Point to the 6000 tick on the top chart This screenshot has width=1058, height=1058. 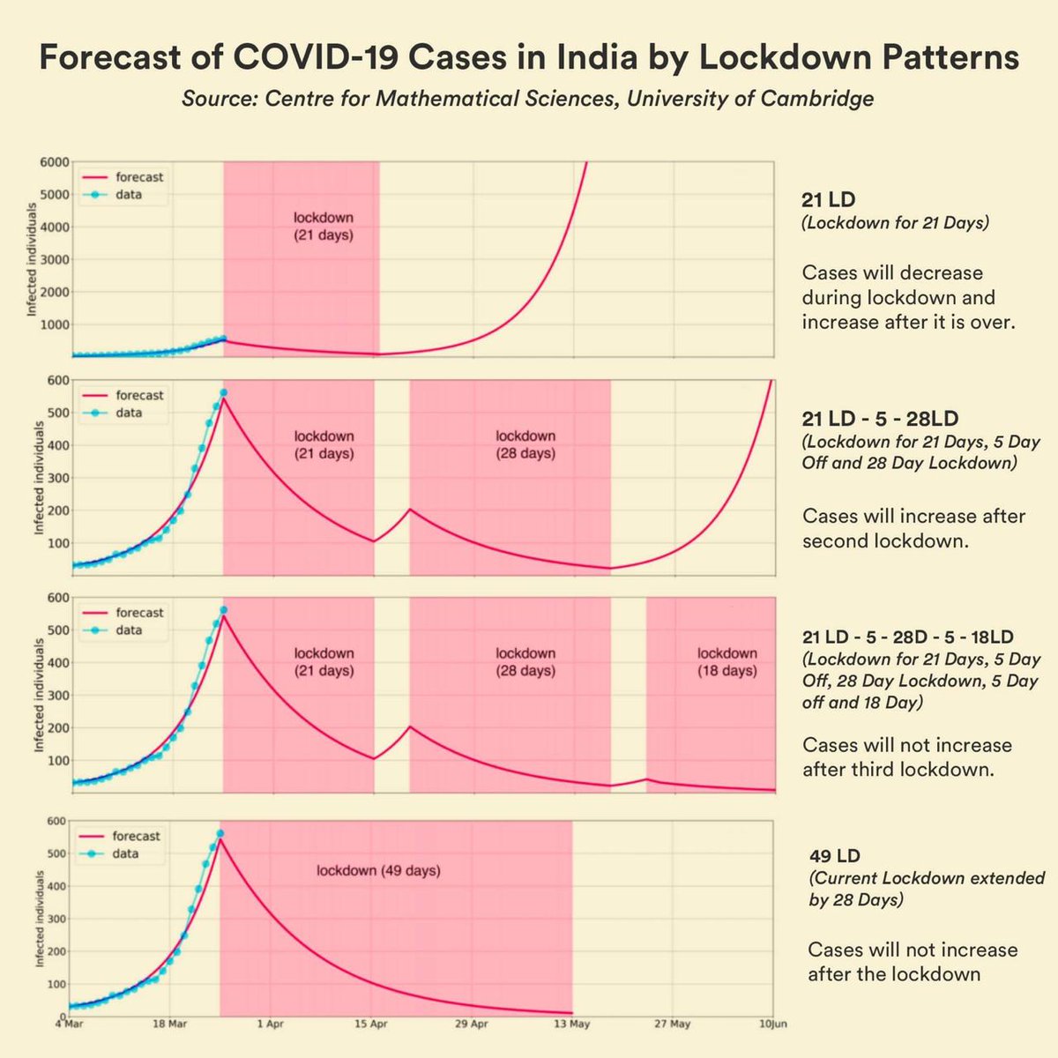(54, 162)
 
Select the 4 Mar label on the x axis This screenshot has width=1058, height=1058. (70, 1024)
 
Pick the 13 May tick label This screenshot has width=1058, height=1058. (572, 1024)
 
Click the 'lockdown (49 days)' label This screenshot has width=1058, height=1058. (378, 870)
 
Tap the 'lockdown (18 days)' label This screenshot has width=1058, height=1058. (726, 662)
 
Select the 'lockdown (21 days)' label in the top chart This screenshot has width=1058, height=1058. (324, 226)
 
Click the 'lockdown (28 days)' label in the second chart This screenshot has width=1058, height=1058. (525, 444)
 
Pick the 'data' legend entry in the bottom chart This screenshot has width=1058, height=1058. (124, 853)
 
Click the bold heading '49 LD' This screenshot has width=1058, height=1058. (834, 856)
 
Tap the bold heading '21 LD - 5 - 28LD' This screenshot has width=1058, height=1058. (880, 418)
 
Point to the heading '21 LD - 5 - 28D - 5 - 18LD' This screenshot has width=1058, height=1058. (907, 637)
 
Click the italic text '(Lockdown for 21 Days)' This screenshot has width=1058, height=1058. (895, 223)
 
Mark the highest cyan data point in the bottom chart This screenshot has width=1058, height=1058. (220, 833)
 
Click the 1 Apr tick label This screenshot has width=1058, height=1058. (270, 1024)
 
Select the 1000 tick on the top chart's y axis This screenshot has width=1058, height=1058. (54, 324)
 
